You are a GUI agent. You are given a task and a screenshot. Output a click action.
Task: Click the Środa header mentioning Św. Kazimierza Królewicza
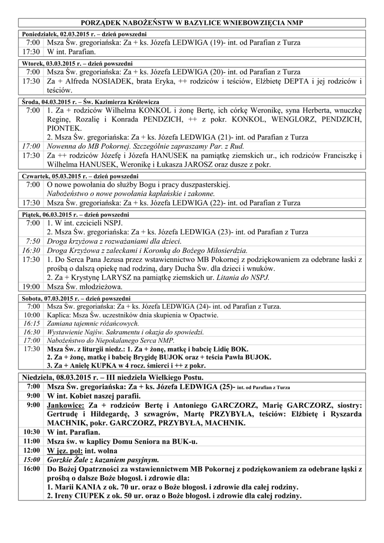91,101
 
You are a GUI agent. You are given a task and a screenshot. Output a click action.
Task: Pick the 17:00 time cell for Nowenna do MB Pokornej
31,145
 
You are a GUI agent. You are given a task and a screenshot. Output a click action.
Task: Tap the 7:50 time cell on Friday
32,241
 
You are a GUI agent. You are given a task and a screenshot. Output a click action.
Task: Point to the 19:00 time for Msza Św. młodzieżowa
31,287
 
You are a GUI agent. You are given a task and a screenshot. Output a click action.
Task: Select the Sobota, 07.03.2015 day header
77,299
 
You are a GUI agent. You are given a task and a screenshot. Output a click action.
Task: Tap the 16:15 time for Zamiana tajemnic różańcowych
32,323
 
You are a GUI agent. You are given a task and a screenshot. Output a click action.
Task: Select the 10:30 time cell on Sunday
32,432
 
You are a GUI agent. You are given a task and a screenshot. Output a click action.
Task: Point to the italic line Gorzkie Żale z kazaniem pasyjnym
103,460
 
